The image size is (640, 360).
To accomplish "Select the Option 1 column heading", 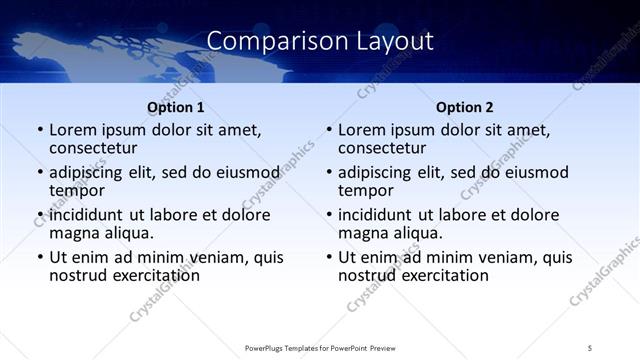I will point(175,107).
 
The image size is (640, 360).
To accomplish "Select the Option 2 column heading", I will point(465,107).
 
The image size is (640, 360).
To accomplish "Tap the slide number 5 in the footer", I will point(590,347).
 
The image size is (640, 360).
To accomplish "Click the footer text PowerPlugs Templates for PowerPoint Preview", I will point(320,347).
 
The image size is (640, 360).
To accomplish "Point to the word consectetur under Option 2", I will point(385,148).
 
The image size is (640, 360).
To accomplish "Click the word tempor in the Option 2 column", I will point(365,191).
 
